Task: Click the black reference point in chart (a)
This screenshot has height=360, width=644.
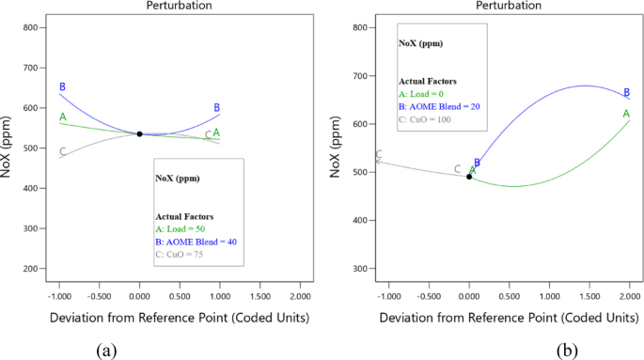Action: tap(140, 134)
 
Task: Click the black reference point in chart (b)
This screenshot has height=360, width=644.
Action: tap(469, 177)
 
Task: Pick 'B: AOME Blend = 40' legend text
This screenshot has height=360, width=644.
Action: tap(196, 242)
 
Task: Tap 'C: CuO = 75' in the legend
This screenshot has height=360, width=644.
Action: tap(180, 254)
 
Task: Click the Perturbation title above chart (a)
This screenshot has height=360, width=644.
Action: tap(179, 6)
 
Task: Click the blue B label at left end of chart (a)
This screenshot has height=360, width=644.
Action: tap(62, 87)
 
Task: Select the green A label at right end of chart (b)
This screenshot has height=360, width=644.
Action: tap(626, 114)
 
